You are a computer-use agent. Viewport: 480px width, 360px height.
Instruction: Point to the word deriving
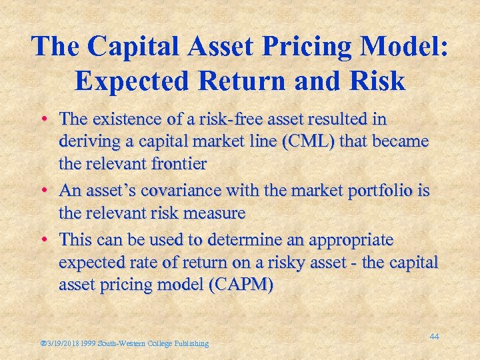[83, 142]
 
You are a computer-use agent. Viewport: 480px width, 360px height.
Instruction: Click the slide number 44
[434, 337]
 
